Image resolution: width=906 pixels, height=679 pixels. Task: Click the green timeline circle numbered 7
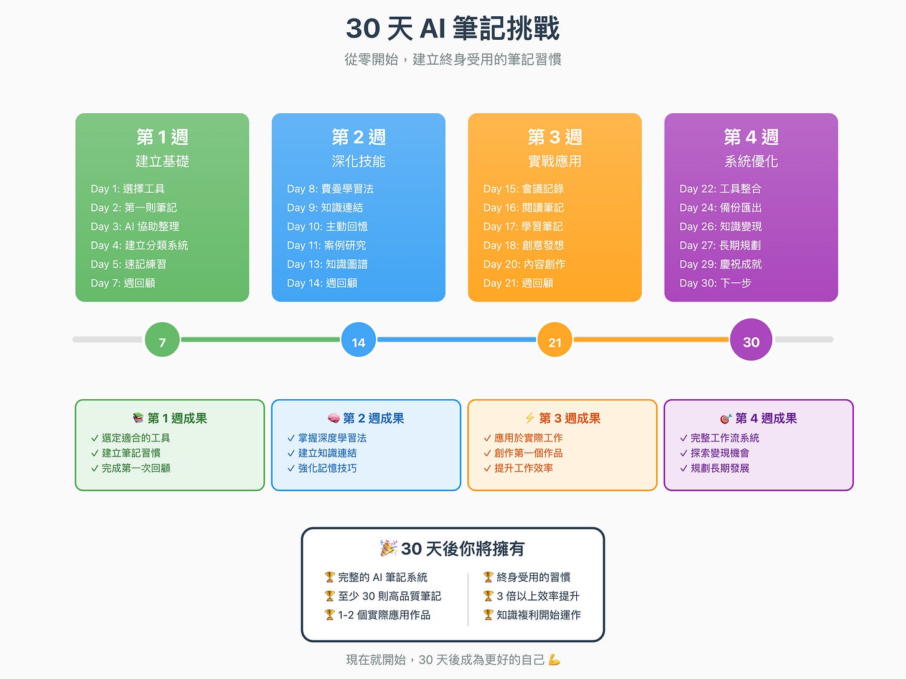coord(162,340)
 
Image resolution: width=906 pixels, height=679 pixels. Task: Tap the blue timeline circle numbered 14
coord(358,340)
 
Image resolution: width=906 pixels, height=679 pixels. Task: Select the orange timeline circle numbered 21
coord(554,340)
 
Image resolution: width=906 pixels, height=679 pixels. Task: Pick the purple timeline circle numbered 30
coord(751,340)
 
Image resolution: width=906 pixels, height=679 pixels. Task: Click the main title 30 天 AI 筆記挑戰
coord(452,29)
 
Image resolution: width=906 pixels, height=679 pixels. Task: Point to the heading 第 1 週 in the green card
coord(162,137)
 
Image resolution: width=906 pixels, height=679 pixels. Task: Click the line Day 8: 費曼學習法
coord(330,189)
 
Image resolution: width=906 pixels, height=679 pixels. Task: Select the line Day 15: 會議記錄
coord(523,189)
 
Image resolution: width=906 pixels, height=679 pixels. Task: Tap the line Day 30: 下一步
coord(715,284)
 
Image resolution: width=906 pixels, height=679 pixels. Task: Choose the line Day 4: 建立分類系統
coord(139,246)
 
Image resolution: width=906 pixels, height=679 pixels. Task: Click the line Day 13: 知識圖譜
coord(327,264)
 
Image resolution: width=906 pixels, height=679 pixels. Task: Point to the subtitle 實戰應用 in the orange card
coord(554,162)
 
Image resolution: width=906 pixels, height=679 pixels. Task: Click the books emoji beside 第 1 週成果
coord(138,418)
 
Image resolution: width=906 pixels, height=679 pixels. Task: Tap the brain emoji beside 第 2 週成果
coord(334,418)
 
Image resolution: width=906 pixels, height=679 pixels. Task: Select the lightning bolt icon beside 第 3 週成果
coord(530,418)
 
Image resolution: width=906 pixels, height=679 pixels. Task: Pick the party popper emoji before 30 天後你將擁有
coord(389,548)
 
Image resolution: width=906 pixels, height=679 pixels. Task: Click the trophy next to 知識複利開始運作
coord(488,615)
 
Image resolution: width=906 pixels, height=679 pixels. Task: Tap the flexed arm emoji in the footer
coord(554,660)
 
